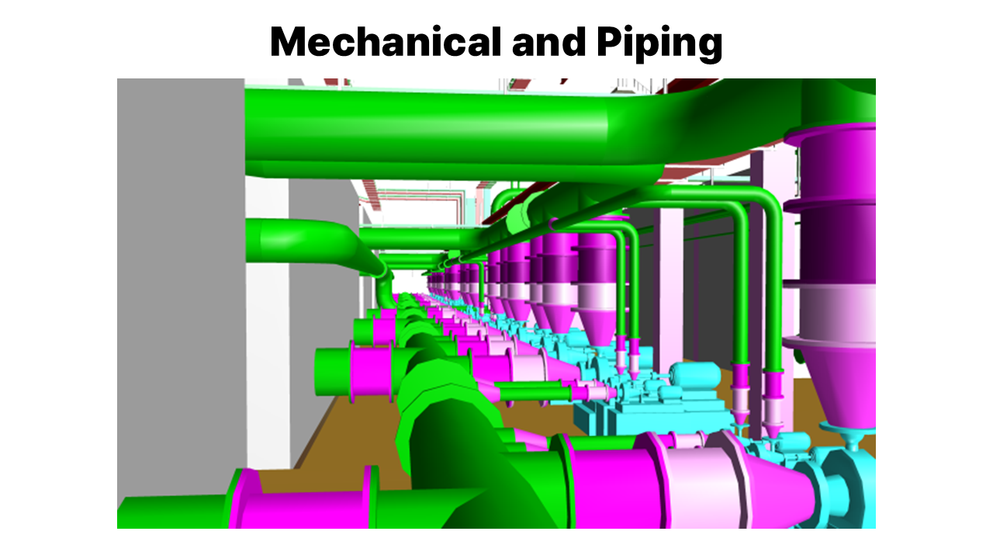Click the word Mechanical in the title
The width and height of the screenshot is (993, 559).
(x=386, y=41)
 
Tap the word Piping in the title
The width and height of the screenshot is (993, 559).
(x=659, y=43)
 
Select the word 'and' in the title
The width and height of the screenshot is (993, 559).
(x=548, y=41)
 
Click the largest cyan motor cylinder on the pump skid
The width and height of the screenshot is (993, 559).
(x=694, y=373)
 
